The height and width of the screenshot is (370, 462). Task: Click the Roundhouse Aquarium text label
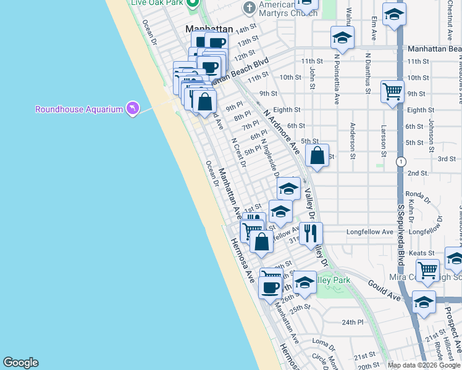coord(79,109)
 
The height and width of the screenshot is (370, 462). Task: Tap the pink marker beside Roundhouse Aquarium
coord(132,109)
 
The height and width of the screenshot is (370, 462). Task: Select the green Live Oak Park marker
coord(192,3)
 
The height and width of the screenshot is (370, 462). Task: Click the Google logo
coord(20,363)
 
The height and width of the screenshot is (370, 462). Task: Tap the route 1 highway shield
coord(401,162)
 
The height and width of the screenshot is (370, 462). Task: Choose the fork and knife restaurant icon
coord(311,232)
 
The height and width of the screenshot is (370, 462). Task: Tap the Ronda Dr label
coord(417,194)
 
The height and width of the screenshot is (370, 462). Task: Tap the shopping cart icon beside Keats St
coord(427,269)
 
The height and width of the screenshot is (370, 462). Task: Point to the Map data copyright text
coord(424,364)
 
